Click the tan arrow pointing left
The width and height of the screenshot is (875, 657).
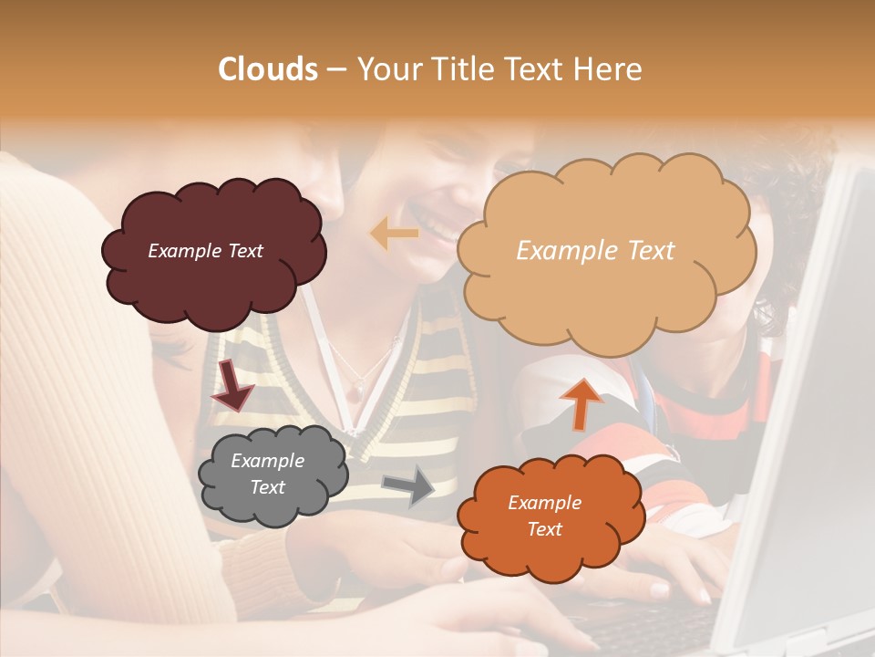tap(394, 235)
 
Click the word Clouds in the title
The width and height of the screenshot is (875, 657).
tap(268, 69)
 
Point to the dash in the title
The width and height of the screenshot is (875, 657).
tap(336, 70)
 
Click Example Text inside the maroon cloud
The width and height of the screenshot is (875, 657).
tap(205, 251)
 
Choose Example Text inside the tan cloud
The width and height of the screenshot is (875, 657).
tap(595, 251)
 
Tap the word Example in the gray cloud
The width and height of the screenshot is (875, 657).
tap(268, 461)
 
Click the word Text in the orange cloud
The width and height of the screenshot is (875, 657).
tap(544, 529)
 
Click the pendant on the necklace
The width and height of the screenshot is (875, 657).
tap(353, 389)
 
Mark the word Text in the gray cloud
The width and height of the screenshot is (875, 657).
tap(268, 487)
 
